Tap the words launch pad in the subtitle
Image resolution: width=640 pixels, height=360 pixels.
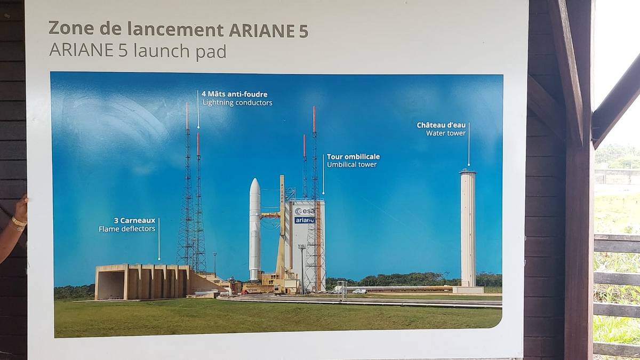[x=180, y=51]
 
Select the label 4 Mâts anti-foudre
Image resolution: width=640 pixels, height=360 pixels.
[x=235, y=94]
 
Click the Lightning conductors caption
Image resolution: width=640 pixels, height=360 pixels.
[x=237, y=102]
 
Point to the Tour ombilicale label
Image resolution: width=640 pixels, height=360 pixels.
[x=354, y=157]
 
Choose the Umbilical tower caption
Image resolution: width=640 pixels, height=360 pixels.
[x=351, y=165]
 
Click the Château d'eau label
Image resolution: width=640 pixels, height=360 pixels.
[x=441, y=125]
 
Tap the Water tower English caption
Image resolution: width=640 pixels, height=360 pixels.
[x=446, y=133]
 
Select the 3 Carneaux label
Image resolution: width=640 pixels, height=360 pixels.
[x=134, y=221]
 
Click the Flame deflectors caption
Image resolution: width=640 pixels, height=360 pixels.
[x=127, y=229]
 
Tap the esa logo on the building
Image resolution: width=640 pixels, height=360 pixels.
[x=305, y=211]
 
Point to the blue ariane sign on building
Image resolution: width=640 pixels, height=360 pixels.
[x=305, y=220]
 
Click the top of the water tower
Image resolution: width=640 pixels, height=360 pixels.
[x=467, y=171]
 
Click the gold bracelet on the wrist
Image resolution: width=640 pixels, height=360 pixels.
[x=19, y=222]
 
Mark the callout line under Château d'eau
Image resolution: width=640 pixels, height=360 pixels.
[x=469, y=145]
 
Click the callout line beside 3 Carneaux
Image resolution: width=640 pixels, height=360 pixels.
[x=159, y=239]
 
